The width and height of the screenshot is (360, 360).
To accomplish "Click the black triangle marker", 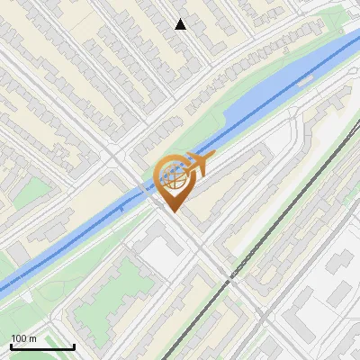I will (180, 24).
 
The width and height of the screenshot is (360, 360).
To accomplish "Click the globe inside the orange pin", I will (174, 177).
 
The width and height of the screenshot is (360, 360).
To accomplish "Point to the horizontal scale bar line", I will (42, 346).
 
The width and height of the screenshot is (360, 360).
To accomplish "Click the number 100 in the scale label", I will (18, 338).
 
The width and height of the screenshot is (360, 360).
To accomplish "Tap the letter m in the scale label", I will (32, 338).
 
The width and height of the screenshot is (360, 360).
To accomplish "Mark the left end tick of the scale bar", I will (11, 345).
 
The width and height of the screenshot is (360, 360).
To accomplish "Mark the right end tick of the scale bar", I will (74, 345).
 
